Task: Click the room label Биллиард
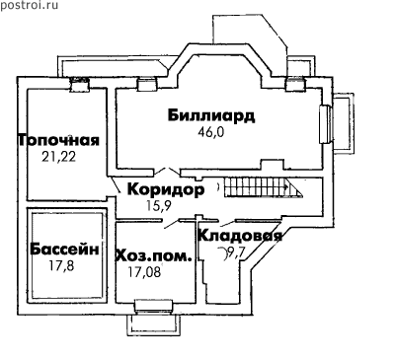tap(211, 115)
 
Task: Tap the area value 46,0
tap(210, 132)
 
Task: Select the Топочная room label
tap(58, 140)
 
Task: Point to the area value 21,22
tap(59, 157)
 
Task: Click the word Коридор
tap(166, 189)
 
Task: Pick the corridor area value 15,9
tap(159, 205)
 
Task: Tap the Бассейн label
tap(64, 250)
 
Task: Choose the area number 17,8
tap(61, 265)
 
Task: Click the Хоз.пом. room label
tap(154, 255)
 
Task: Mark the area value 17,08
tap(144, 272)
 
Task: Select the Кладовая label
tap(240, 236)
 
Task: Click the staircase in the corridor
tap(264, 187)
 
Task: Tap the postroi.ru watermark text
tap(29, 5)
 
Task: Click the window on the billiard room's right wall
tap(325, 124)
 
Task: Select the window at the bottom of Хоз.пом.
tap(153, 306)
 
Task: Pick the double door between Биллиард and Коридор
tap(167, 171)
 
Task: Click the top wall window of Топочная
tap(80, 84)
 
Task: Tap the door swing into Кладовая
tap(228, 223)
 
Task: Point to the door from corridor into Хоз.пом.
tap(171, 223)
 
